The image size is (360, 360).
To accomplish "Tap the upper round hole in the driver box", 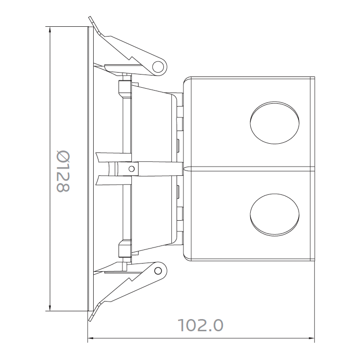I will click(x=274, y=123).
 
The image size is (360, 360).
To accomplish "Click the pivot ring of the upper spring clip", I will click(x=158, y=66).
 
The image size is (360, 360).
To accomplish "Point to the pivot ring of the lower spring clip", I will click(x=158, y=271).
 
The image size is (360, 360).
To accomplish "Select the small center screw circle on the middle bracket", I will click(x=131, y=169).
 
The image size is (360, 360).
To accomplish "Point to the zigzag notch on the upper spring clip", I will click(x=132, y=58).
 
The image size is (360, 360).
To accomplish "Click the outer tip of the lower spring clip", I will click(x=92, y=320).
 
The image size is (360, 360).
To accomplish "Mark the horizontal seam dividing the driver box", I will click(x=249, y=169).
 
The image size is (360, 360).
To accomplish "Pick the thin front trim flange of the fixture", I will click(x=90, y=169).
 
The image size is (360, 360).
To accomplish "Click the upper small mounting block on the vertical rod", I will click(x=124, y=88).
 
